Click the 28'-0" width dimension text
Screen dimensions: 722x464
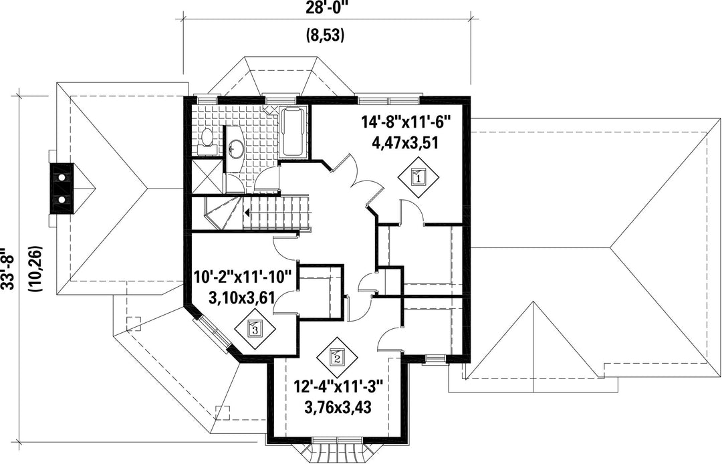click(x=326, y=9)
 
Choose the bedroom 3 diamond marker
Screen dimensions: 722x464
click(x=255, y=329)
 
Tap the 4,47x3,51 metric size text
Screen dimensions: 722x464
click(x=405, y=142)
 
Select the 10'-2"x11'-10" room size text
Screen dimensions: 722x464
click(x=243, y=277)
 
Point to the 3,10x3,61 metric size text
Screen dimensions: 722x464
click(x=242, y=298)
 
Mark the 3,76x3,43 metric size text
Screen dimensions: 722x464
click(x=338, y=407)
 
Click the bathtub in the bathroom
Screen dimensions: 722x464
click(x=293, y=132)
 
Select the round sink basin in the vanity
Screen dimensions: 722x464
click(x=237, y=148)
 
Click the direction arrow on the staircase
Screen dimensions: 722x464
click(x=248, y=213)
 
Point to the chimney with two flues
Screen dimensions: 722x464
click(x=62, y=189)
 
